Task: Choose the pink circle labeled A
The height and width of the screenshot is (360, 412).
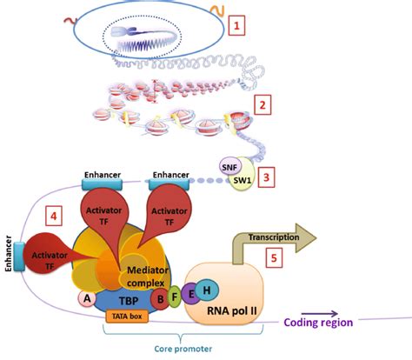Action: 85,297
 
